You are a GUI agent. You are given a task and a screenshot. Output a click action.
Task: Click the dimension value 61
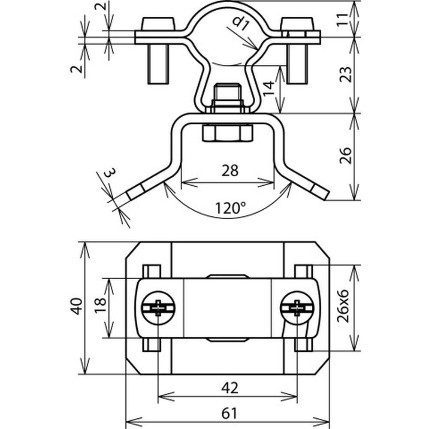pyautogui.click(x=229, y=414)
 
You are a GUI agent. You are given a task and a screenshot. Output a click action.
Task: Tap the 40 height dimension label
pyautogui.click(x=77, y=306)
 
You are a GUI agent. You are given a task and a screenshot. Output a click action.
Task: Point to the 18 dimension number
pyautogui.click(x=100, y=305)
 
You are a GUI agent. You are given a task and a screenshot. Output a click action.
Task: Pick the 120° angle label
pyautogui.click(x=230, y=208)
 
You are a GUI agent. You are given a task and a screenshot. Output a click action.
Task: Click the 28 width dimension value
pyautogui.click(x=230, y=171)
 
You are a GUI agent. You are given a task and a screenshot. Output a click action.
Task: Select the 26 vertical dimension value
pyautogui.click(x=345, y=156)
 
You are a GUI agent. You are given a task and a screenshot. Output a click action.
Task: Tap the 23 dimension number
pyautogui.click(x=345, y=74)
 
